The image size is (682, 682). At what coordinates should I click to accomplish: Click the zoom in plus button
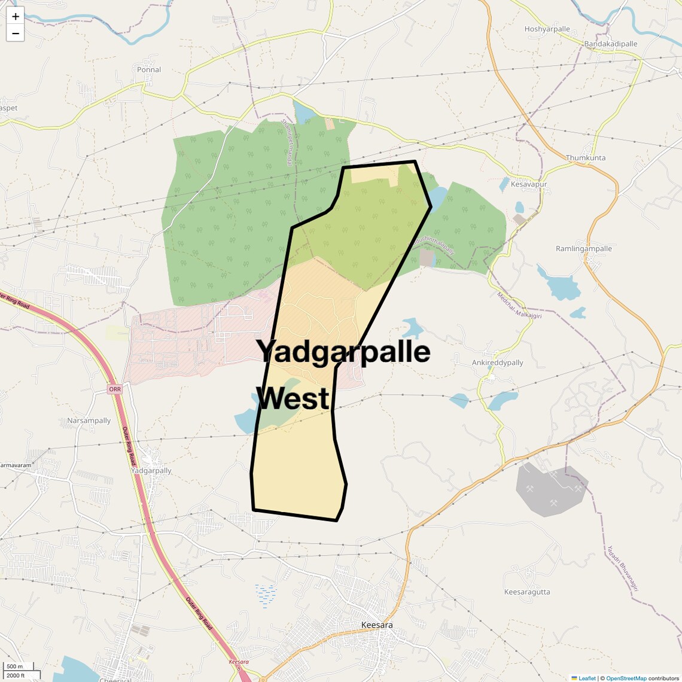pyautogui.click(x=15, y=17)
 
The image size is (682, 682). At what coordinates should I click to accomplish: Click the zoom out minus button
pyautogui.click(x=15, y=34)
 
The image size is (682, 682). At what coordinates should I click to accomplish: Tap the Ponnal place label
pyautogui.click(x=149, y=69)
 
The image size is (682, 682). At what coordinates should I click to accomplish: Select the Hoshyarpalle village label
pyautogui.click(x=547, y=29)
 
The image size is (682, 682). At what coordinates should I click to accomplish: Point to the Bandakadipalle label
pyautogui.click(x=611, y=44)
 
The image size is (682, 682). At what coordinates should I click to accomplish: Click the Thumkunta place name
pyautogui.click(x=586, y=158)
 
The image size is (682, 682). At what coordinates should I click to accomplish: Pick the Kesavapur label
pyautogui.click(x=529, y=184)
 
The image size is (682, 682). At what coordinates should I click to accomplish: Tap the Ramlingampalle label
pyautogui.click(x=584, y=249)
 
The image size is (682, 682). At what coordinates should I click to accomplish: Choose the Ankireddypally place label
pyautogui.click(x=497, y=363)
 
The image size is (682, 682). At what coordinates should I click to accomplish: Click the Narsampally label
pyautogui.click(x=89, y=421)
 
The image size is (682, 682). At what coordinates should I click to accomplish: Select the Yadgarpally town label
pyautogui.click(x=151, y=471)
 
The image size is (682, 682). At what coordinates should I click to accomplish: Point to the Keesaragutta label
pyautogui.click(x=527, y=592)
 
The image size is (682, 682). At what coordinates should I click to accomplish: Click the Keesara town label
pyautogui.click(x=377, y=625)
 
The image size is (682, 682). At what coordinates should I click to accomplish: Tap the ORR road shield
pyautogui.click(x=114, y=389)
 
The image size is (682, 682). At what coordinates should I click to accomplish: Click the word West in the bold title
pyautogui.click(x=296, y=398)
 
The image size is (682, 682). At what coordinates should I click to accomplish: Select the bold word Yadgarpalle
pyautogui.click(x=343, y=351)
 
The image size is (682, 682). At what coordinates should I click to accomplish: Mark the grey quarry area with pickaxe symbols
pyautogui.click(x=550, y=488)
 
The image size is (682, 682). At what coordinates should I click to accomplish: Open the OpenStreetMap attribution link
pyautogui.click(x=626, y=678)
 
